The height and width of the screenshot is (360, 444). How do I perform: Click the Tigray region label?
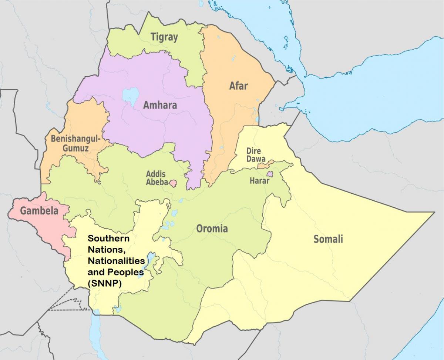164,37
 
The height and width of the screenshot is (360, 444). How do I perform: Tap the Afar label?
238,86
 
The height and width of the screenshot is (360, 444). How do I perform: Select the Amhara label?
160,105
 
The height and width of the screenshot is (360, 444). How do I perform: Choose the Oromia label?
212,229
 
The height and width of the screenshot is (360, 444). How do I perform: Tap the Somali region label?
328,239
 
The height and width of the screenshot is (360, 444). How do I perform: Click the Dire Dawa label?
254,155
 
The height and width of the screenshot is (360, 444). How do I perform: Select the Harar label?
259,181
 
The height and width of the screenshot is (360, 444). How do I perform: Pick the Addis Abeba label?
156,178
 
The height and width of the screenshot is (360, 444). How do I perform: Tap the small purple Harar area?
270,174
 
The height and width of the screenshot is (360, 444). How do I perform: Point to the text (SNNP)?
105,283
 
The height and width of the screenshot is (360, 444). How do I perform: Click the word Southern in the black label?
103,239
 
